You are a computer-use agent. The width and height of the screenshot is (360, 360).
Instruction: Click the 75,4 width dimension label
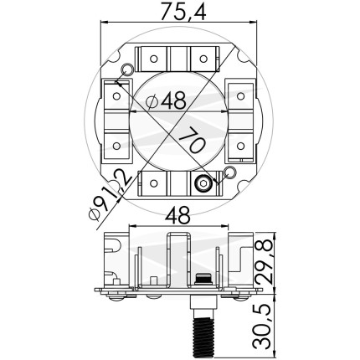click(183, 12)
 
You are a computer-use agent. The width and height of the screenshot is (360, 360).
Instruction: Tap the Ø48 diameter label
click(166, 100)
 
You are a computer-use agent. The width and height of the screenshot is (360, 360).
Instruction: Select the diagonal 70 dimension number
click(193, 139)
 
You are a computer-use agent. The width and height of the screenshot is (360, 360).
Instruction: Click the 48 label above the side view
click(177, 216)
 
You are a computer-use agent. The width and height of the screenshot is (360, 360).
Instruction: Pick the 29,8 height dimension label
click(265, 261)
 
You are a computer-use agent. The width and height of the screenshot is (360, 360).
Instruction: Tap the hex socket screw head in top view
click(203, 183)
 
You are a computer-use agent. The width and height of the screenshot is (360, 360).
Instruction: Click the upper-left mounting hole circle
click(126, 69)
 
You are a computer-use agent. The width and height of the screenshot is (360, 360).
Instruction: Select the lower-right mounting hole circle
click(230, 172)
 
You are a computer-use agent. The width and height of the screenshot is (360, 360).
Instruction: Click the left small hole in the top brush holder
click(153, 59)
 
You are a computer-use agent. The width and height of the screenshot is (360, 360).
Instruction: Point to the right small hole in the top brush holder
click(203, 59)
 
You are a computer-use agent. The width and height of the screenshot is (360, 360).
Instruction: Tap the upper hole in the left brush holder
click(116, 96)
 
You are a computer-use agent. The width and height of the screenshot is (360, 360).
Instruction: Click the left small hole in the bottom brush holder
click(153, 183)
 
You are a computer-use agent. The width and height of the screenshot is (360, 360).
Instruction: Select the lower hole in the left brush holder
click(116, 146)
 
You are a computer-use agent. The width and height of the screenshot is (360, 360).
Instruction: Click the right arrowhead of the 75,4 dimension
click(253, 23)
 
